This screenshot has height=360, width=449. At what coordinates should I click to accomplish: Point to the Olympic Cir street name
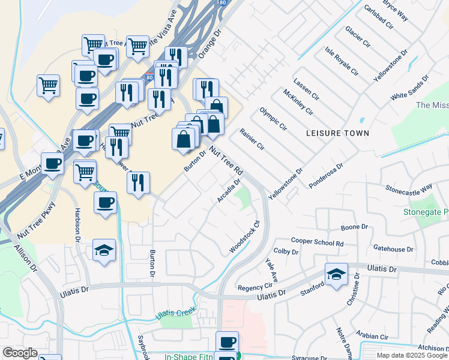(x=273, y=119)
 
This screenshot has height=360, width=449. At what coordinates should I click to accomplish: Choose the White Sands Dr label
(x=410, y=87)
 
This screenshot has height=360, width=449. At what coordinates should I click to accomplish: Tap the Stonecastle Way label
(x=409, y=188)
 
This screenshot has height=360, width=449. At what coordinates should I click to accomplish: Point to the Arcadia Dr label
(x=229, y=190)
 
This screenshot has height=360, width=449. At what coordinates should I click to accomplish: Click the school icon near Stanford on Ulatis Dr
(x=336, y=274)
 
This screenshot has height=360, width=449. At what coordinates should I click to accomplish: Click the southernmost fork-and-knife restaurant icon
(x=138, y=182)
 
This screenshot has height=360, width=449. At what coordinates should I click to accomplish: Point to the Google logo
(x=20, y=353)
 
